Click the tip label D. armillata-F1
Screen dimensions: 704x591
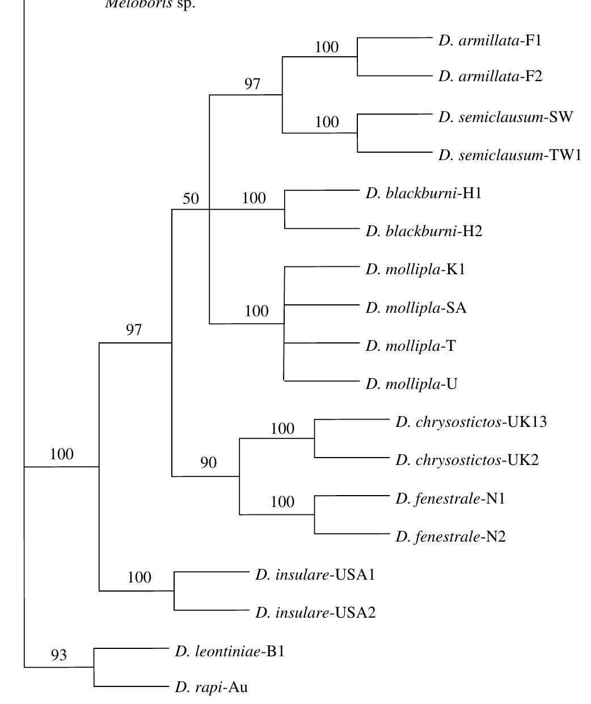point(490,41)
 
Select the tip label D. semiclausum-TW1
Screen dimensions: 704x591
point(509,155)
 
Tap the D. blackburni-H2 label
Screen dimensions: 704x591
point(424,231)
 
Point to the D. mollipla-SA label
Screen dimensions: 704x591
point(416,308)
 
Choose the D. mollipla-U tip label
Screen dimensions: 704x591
point(411,384)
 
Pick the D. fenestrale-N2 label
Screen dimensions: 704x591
point(450,537)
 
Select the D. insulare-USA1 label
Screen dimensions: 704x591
point(315,575)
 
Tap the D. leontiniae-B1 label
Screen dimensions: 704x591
point(230,651)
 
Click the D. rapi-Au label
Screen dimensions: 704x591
point(211,688)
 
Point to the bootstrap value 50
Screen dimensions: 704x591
point(191,199)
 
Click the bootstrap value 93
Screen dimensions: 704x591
point(58,655)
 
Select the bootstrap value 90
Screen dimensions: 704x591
point(208,463)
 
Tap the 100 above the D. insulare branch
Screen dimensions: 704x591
point(139,577)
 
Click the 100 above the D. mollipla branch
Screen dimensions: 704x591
point(256,311)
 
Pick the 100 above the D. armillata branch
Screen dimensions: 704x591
point(327,47)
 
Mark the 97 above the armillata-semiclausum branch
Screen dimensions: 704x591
point(252,84)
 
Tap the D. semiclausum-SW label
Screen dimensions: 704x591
point(505,117)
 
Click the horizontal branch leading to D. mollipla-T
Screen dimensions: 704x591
point(321,343)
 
